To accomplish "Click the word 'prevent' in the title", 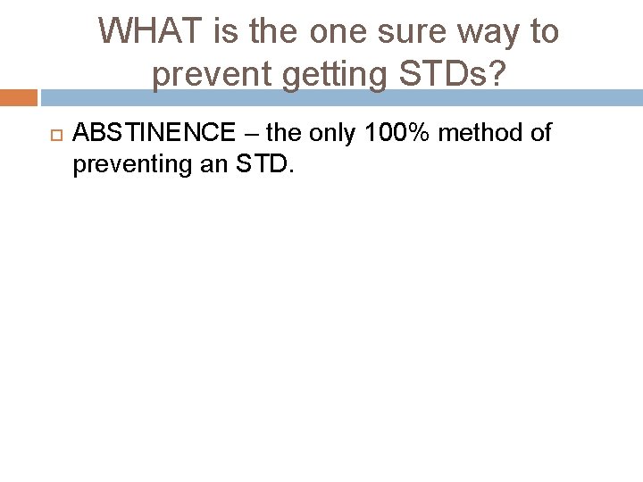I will [213, 76].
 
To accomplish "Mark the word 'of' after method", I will [539, 134].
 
